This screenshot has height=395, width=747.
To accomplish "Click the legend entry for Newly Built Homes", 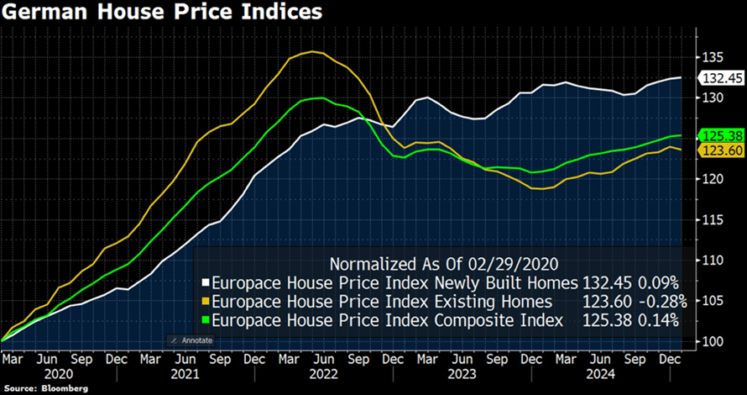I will [x=395, y=282].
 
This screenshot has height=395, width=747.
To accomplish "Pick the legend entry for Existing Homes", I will [x=382, y=301].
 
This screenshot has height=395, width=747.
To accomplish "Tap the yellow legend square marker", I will [x=206, y=301].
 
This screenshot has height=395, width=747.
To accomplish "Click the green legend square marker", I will [x=206, y=319].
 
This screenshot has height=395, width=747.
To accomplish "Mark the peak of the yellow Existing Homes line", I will [x=312, y=52].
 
